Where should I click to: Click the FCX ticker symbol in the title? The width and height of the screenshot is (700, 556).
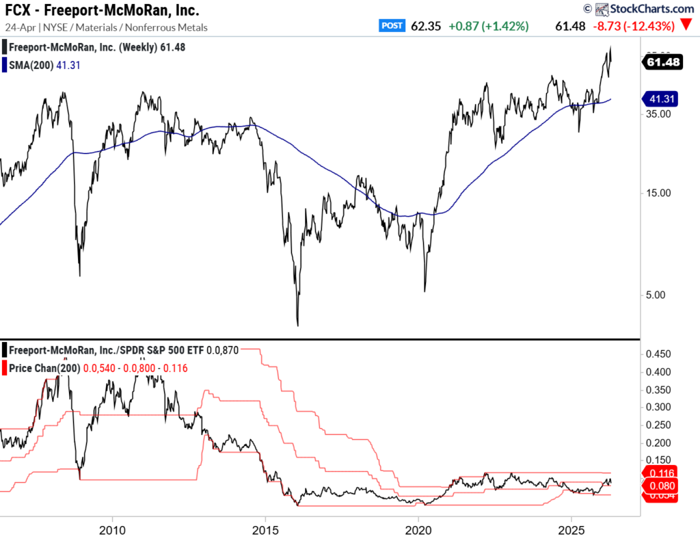[x=18, y=11]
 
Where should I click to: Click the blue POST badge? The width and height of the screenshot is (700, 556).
[x=392, y=26]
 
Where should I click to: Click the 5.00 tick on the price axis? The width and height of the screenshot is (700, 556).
[x=656, y=295]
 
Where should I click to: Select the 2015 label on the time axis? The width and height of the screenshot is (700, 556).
[x=265, y=531]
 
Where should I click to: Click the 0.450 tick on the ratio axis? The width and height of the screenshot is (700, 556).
[x=659, y=354]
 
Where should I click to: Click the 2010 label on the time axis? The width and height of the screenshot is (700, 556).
[x=112, y=531]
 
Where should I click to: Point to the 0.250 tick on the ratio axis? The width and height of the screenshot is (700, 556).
[x=659, y=425]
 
